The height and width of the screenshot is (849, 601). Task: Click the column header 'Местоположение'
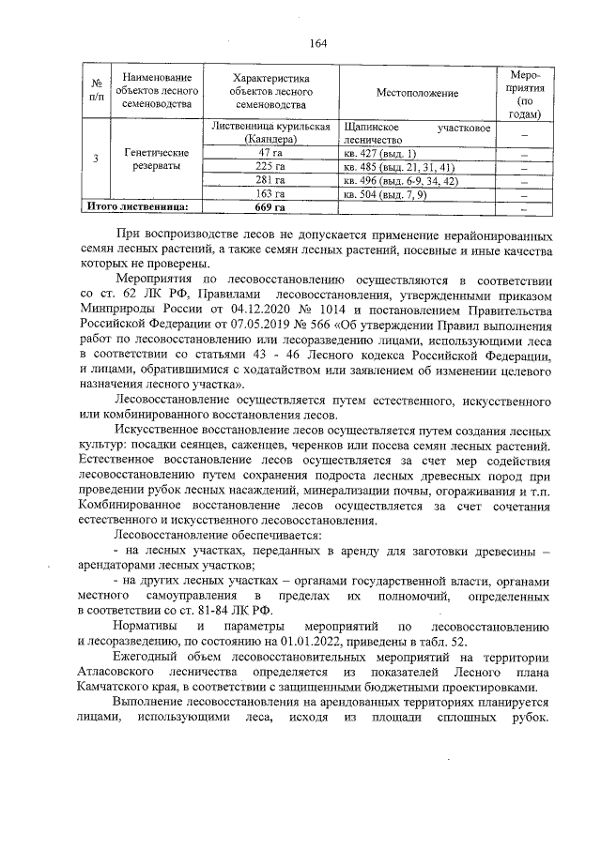[416, 94]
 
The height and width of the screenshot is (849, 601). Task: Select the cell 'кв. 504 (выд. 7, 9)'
[385, 193]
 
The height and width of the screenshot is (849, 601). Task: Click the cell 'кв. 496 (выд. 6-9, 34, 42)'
[401, 180]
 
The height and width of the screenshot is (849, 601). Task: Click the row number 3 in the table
[96, 159]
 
